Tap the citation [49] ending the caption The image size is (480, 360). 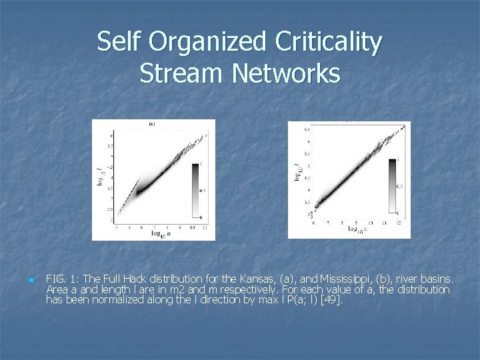(331, 300)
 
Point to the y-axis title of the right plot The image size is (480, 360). (297, 171)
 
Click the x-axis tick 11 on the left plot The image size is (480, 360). (203, 227)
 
